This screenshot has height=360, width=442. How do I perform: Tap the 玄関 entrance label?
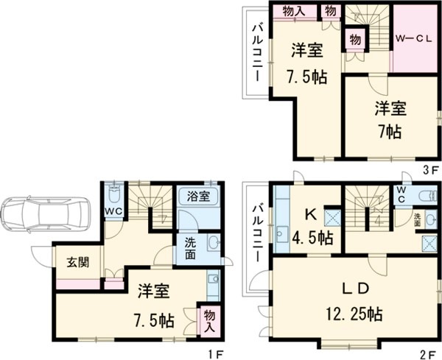point(70,262)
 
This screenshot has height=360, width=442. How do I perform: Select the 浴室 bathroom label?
point(198,197)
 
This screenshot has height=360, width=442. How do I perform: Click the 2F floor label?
point(430,353)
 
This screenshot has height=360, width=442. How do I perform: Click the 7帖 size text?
point(390,132)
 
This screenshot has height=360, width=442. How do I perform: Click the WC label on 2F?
point(401,194)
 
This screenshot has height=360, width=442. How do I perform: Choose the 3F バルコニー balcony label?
point(258,52)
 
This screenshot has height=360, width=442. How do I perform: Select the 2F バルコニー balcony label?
point(258,233)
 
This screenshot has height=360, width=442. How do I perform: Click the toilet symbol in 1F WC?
point(112,197)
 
